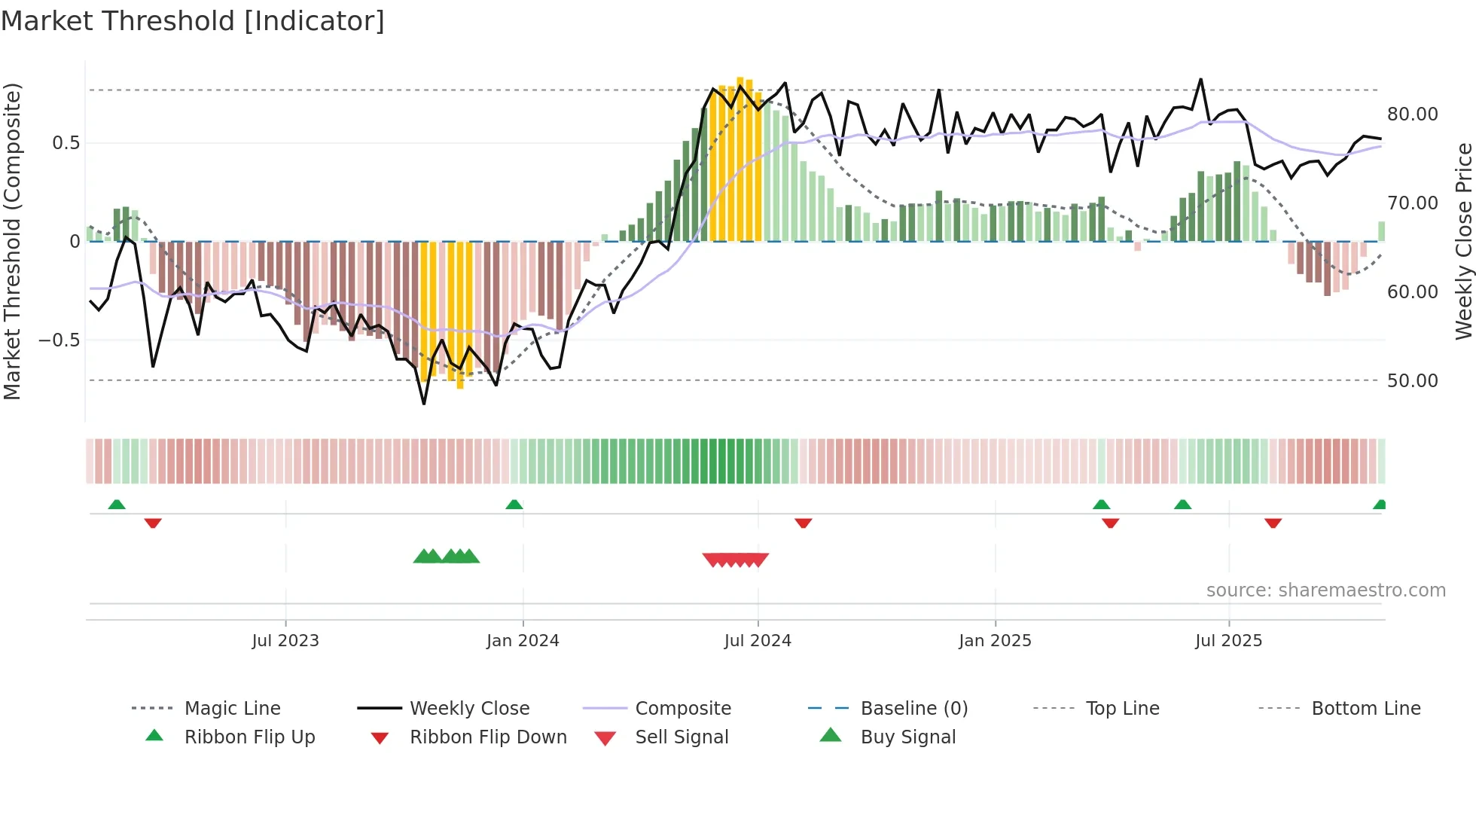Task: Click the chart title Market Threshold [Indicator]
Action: (193, 21)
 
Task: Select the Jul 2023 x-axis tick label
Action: (285, 641)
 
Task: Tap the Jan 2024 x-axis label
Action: (523, 641)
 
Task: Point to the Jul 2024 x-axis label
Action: (758, 641)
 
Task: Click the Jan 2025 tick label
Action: (995, 641)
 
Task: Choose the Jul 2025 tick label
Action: (1228, 641)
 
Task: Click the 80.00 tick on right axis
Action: (1412, 114)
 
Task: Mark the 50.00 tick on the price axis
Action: (1412, 381)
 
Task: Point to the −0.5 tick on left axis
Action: (59, 340)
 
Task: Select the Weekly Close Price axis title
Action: (1463, 241)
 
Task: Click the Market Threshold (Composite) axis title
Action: (12, 241)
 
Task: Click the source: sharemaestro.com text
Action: (1325, 590)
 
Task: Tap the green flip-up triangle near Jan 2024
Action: (514, 505)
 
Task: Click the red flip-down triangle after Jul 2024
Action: (804, 523)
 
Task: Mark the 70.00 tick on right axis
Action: (1412, 203)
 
